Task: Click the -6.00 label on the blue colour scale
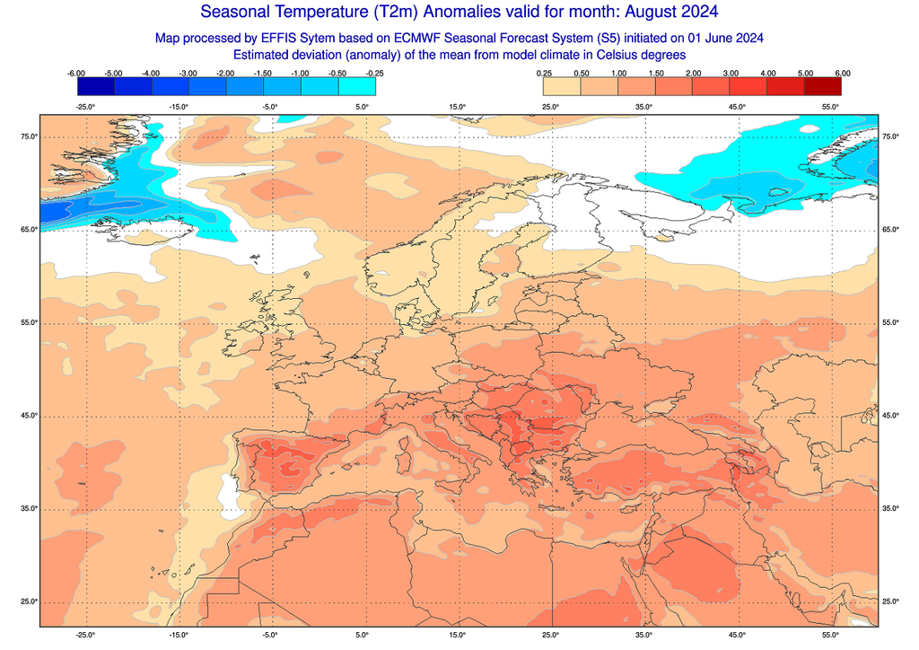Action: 76,73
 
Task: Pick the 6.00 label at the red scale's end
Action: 842,73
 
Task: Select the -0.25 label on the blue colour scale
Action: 375,73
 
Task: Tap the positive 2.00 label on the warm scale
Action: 693,73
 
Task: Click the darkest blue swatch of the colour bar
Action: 95,86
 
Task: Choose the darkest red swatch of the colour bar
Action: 823,86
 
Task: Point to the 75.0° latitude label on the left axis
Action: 29,136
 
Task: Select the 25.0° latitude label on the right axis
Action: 891,602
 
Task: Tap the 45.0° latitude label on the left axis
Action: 29,416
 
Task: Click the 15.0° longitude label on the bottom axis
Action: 457,635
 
